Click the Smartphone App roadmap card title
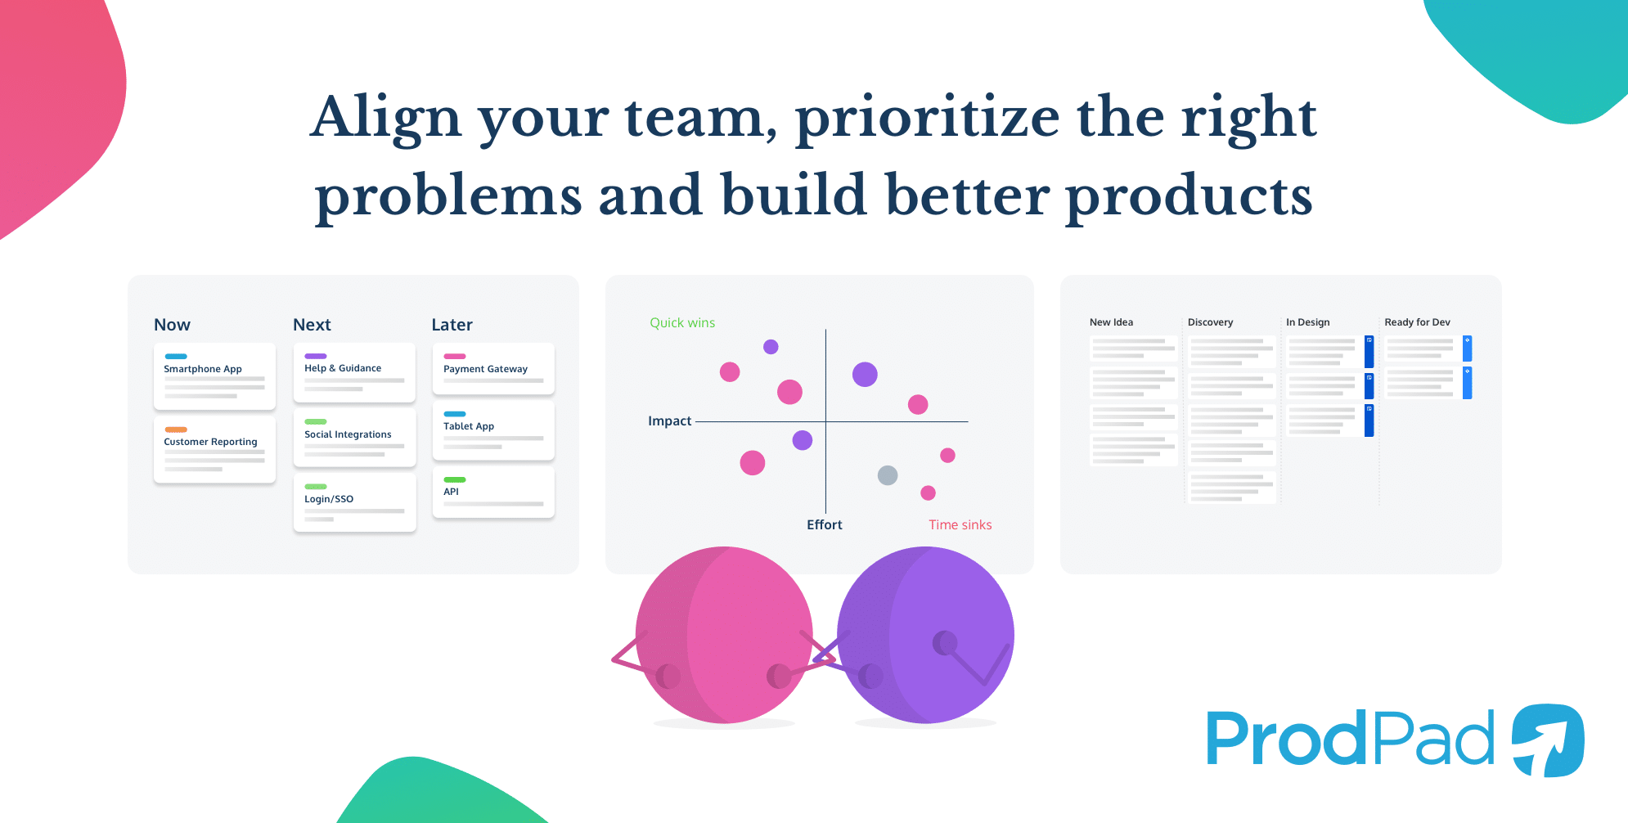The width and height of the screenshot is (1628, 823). [x=203, y=369]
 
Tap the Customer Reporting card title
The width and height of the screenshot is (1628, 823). [x=210, y=442]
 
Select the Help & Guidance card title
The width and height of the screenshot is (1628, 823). [x=343, y=368]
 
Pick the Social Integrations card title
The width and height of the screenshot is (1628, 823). [x=348, y=434]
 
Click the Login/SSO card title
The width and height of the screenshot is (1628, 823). [x=329, y=499]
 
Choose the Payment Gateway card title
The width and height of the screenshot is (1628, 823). [x=485, y=369]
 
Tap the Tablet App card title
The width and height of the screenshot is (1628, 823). [x=469, y=426]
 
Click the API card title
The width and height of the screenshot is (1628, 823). [x=451, y=492]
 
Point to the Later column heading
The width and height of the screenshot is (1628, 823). [x=452, y=325]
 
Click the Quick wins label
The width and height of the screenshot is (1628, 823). [x=682, y=323]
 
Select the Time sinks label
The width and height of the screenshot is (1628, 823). [x=960, y=525]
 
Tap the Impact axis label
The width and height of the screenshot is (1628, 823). [x=669, y=421]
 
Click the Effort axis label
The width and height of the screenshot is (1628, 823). [x=824, y=525]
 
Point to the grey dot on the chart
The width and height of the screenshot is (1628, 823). [x=888, y=475]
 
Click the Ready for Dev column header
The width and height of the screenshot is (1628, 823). [x=1417, y=322]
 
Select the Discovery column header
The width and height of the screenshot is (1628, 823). [x=1210, y=322]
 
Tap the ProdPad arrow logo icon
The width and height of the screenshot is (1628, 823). [x=1547, y=740]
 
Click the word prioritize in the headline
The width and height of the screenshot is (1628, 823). [x=928, y=119]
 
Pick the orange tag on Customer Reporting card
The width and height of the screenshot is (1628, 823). [x=176, y=429]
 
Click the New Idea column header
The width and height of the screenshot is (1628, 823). [x=1111, y=322]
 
